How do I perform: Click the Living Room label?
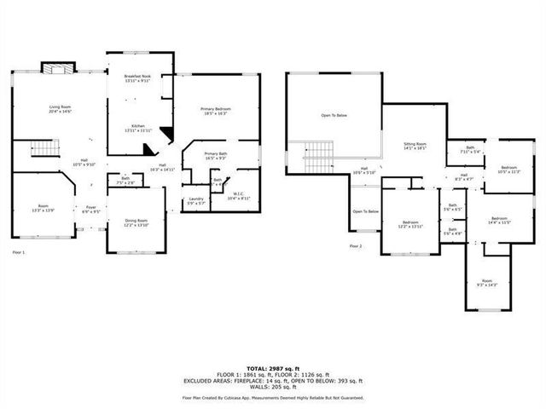pyautogui.click(x=59, y=109)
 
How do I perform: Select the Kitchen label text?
pyautogui.click(x=137, y=129)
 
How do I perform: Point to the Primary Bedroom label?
pyautogui.click(x=216, y=112)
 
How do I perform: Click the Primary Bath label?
pyautogui.click(x=215, y=156)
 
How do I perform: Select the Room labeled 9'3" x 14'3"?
pyautogui.click(x=486, y=283)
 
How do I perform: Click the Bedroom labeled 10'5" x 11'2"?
pyautogui.click(x=509, y=169)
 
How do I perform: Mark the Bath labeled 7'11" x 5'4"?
pyautogui.click(x=470, y=151)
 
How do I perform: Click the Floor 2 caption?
pyautogui.click(x=356, y=246)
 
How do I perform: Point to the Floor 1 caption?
pyautogui.click(x=19, y=253)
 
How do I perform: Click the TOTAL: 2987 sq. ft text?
pyautogui.click(x=272, y=368)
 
